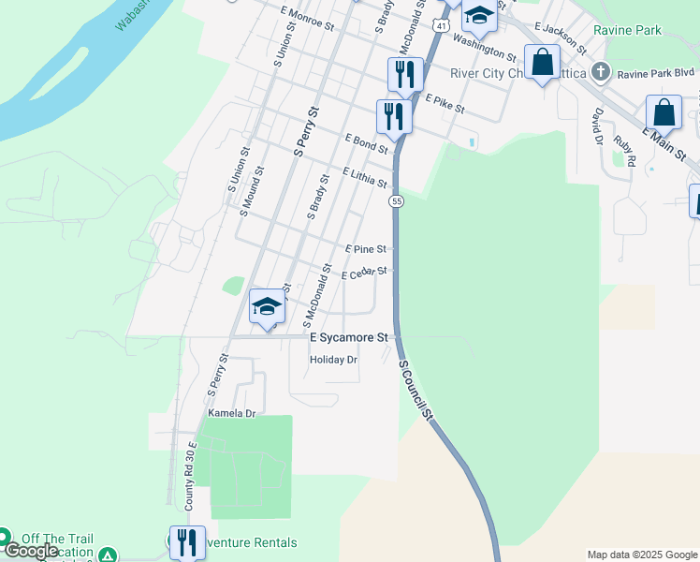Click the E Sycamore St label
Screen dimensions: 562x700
tap(348, 336)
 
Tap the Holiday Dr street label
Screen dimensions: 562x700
tap(334, 360)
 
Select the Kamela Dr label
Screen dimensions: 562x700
tap(231, 413)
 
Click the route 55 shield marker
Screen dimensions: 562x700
tap(398, 201)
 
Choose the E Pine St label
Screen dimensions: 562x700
tap(366, 249)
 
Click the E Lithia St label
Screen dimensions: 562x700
tap(365, 177)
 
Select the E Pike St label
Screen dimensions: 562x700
tap(445, 103)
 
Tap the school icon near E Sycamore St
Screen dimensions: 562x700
tap(267, 305)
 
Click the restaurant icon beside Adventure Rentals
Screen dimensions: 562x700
tap(187, 541)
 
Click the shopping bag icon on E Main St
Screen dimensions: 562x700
tap(664, 112)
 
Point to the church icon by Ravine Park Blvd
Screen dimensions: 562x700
tap(601, 71)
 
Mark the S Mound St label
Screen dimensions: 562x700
tap(250, 191)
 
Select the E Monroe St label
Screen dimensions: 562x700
tap(307, 17)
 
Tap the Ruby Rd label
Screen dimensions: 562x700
tap(625, 151)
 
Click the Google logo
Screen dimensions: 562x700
tap(32, 551)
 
